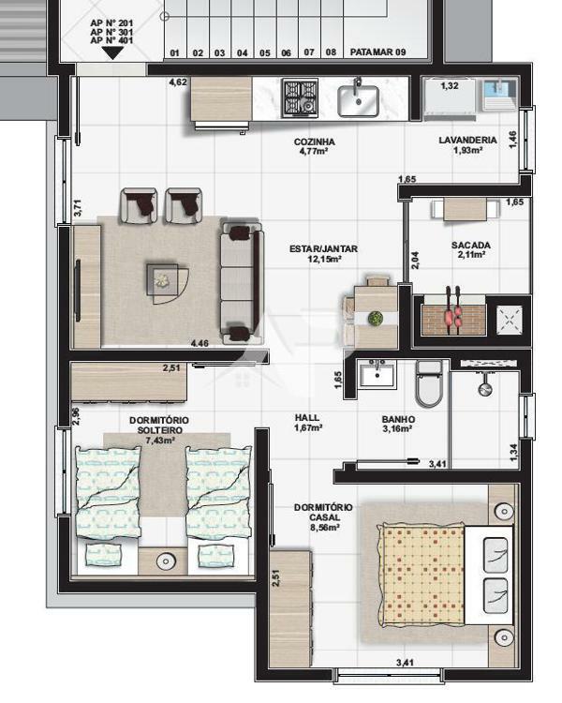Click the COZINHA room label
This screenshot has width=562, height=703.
coord(314,142)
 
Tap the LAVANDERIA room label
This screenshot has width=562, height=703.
coord(466,141)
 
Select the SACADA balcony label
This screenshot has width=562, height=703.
coord(470,246)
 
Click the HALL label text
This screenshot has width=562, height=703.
coord(306,418)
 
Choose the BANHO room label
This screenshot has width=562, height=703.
coord(398,420)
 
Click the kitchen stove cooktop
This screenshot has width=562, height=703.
coord(301,97)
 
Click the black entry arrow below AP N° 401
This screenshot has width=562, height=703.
coord(111,53)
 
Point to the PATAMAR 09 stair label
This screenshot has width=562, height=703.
coord(377,52)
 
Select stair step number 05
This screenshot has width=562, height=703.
coord(265,52)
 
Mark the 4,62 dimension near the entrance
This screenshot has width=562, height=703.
coord(178,83)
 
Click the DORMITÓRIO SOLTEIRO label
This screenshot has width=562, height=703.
coord(156,425)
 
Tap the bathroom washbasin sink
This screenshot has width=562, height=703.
coord(380,376)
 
